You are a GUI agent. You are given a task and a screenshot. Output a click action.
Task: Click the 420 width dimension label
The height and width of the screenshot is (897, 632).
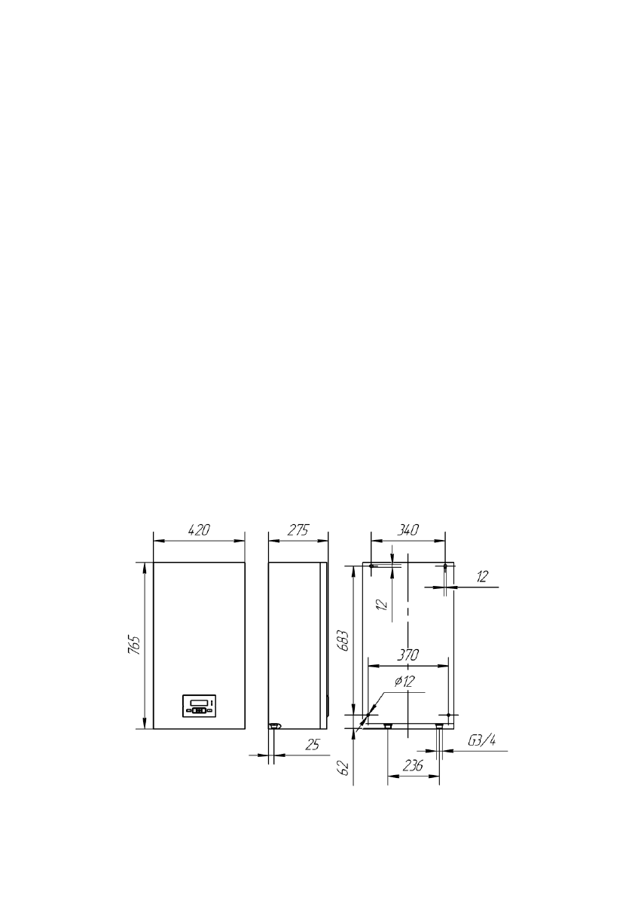199,530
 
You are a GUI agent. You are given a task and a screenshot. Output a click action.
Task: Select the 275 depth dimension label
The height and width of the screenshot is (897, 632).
298,530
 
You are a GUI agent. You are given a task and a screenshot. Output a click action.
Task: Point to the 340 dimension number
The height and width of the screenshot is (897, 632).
408,530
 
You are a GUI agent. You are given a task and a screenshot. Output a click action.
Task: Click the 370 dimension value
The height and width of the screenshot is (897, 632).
408,655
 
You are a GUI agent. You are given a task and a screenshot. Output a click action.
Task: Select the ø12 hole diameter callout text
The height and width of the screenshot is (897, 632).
405,682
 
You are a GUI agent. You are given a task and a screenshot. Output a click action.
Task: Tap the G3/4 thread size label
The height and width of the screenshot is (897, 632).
481,741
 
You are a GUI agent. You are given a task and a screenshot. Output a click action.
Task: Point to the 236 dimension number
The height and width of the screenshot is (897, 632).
413,765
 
